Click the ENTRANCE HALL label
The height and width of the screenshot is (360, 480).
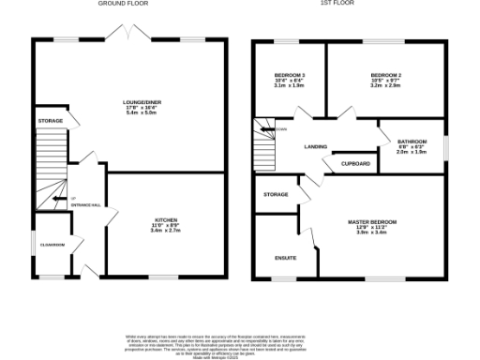(x=87, y=204)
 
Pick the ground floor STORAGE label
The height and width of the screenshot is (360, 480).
(x=51, y=122)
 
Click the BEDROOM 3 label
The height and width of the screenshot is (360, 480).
(x=290, y=75)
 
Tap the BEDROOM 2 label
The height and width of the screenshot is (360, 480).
(x=385, y=75)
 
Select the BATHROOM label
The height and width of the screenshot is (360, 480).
(x=412, y=142)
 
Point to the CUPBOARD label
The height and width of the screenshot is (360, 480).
(x=355, y=164)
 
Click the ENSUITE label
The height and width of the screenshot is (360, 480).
(x=286, y=256)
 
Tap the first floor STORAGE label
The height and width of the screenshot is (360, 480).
(x=276, y=194)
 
